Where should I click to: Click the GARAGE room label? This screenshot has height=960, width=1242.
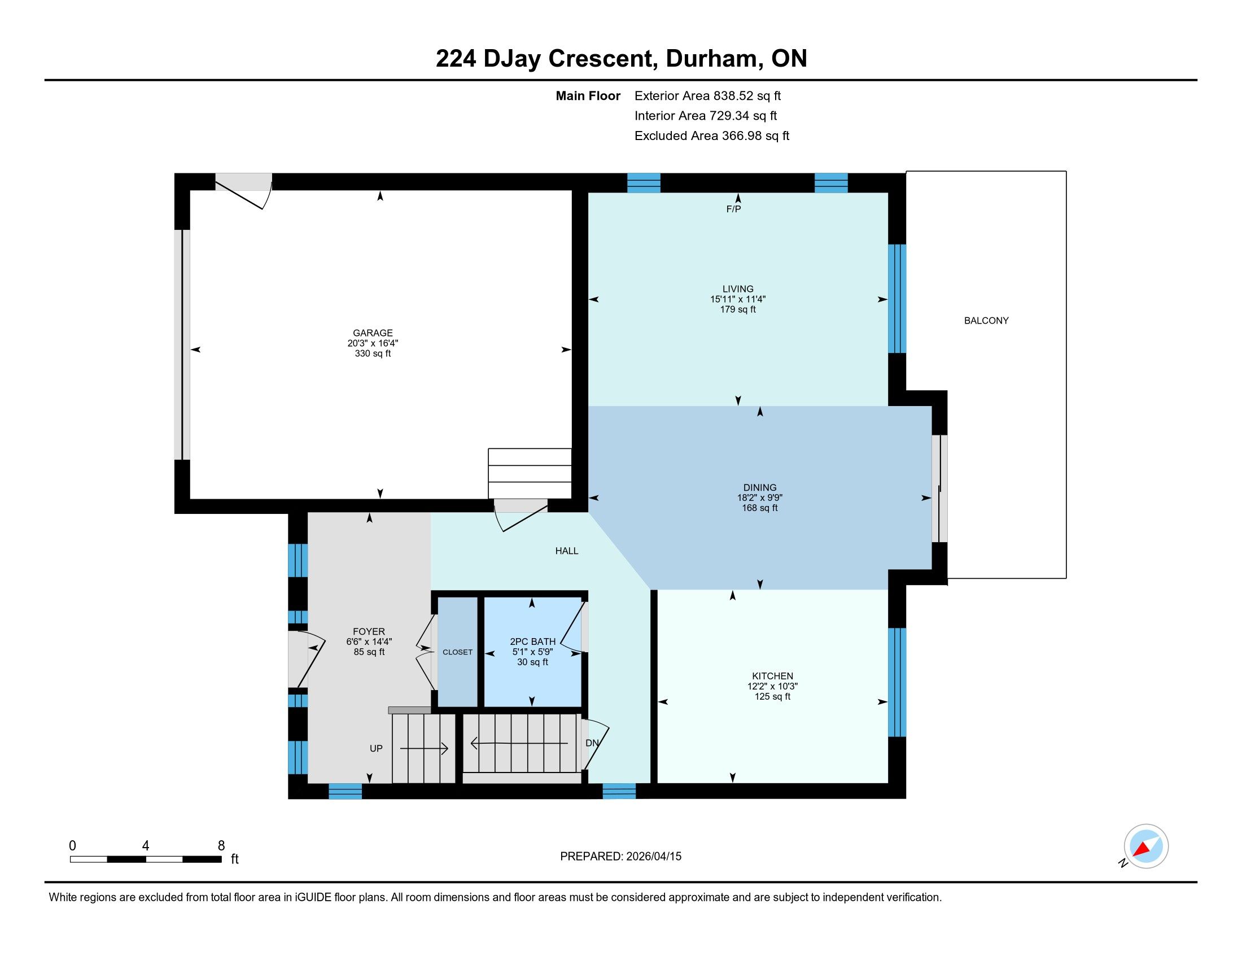(x=373, y=333)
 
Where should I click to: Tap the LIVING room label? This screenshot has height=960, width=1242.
(x=738, y=289)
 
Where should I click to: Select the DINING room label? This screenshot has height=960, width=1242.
(x=760, y=487)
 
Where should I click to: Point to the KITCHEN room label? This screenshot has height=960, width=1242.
(x=772, y=676)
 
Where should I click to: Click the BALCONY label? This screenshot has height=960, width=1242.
(x=986, y=321)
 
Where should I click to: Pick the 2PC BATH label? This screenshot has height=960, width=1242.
(x=532, y=642)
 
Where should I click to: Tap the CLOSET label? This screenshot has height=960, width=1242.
(x=457, y=652)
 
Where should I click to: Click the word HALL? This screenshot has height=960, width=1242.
(x=566, y=551)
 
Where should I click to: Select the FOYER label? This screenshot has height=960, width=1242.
(x=369, y=631)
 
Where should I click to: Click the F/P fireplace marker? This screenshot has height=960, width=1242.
(x=733, y=210)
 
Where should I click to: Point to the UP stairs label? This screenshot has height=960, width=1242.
(x=376, y=748)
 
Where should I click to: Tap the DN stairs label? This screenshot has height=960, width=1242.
(x=592, y=743)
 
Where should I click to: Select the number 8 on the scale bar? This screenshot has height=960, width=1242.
(x=221, y=846)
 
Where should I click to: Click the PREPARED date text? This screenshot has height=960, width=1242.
(x=620, y=857)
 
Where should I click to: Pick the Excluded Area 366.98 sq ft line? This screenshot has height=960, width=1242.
(x=711, y=136)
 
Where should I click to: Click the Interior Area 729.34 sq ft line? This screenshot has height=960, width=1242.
(x=705, y=116)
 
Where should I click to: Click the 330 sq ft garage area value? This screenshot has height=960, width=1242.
(x=373, y=353)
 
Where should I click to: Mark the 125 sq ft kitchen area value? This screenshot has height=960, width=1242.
(x=772, y=697)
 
